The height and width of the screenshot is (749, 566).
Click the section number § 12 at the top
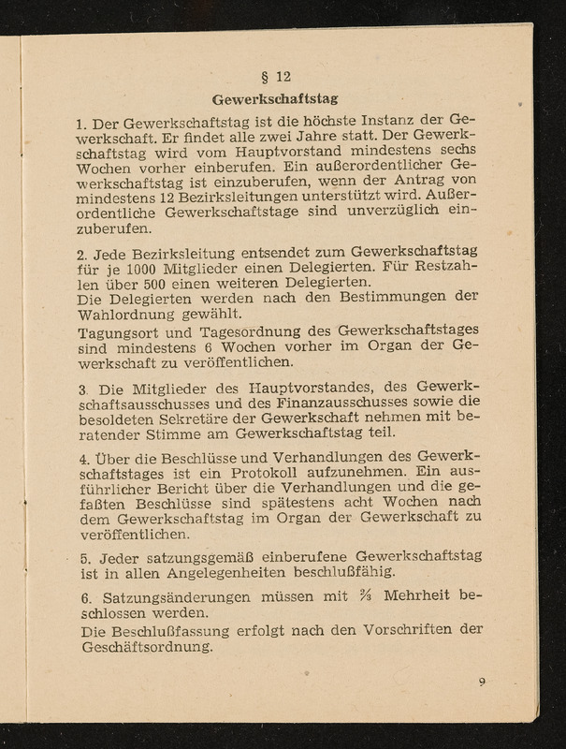click(280, 78)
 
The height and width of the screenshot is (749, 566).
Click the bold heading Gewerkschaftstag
click(274, 98)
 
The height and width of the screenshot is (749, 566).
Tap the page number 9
click(481, 682)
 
